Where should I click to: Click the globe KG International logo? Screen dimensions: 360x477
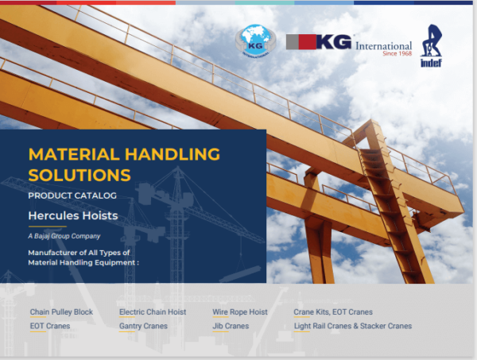[254, 41]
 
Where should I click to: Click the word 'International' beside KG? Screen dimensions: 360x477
[384, 45]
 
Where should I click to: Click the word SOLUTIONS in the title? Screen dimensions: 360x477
[78, 172]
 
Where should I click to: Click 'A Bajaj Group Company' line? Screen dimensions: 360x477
[64, 236]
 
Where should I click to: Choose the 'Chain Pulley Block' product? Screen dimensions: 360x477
[61, 312]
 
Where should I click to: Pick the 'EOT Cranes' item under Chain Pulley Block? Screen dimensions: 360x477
[49, 326]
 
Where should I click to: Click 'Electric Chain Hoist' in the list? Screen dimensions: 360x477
[153, 312]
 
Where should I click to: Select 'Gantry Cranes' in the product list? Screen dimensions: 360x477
[143, 326]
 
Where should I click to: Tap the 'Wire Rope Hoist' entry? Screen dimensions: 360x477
[239, 312]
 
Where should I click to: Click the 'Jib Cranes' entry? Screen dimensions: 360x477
[230, 326]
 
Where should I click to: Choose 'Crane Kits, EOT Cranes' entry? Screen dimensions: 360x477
[332, 312]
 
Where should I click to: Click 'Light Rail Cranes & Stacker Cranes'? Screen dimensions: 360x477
[352, 326]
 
